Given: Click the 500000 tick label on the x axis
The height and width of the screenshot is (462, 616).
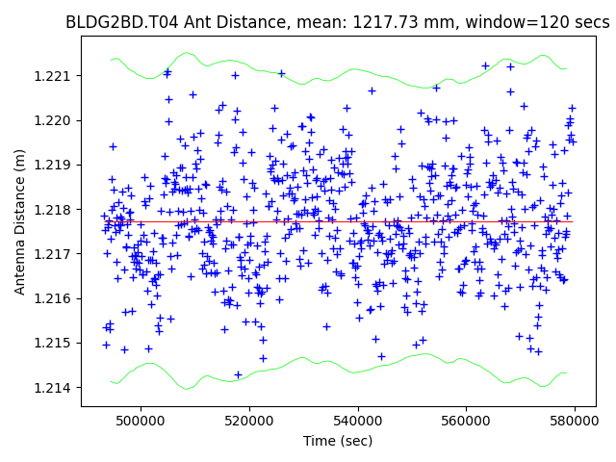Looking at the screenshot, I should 141,421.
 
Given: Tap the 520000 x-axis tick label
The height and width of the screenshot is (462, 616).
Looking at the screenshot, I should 249,421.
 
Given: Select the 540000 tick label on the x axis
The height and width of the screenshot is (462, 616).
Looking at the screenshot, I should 358,421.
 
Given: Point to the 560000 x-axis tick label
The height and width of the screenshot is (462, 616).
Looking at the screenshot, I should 467,421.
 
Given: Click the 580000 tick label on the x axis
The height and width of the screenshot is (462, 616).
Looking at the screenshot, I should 576,421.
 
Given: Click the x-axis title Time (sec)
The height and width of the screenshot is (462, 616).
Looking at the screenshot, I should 339,440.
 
